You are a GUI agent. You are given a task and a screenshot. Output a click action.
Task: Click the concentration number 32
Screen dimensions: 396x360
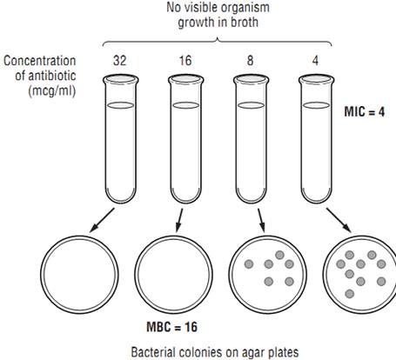119,61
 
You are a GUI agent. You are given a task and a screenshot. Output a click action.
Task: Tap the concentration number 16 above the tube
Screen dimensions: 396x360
185,61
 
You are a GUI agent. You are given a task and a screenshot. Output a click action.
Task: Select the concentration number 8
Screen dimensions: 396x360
250,61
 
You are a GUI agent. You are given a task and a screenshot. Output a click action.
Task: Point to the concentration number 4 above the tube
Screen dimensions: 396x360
315,61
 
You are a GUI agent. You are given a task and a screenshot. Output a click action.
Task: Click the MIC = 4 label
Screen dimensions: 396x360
365,111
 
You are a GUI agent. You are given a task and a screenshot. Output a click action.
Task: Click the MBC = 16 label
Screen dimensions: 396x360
172,327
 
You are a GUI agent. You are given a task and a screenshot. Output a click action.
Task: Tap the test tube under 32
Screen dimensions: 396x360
121,139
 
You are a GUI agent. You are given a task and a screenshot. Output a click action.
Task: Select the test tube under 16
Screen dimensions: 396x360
185,139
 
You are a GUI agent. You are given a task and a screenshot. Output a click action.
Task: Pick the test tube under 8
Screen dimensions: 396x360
251,139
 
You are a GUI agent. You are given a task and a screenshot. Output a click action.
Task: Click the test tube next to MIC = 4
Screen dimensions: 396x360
316,139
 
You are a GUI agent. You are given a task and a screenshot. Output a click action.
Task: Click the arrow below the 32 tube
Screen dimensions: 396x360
102,220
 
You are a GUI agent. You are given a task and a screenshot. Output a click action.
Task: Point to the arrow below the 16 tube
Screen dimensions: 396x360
180,220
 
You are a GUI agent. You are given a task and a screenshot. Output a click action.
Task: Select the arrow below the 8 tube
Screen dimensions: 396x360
261,220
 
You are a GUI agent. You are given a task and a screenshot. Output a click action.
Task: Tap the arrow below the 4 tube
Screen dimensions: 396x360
339,220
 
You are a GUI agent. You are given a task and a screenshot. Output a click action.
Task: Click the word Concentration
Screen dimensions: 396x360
40,61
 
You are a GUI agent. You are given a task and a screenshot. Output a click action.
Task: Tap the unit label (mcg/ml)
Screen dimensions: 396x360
52,91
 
